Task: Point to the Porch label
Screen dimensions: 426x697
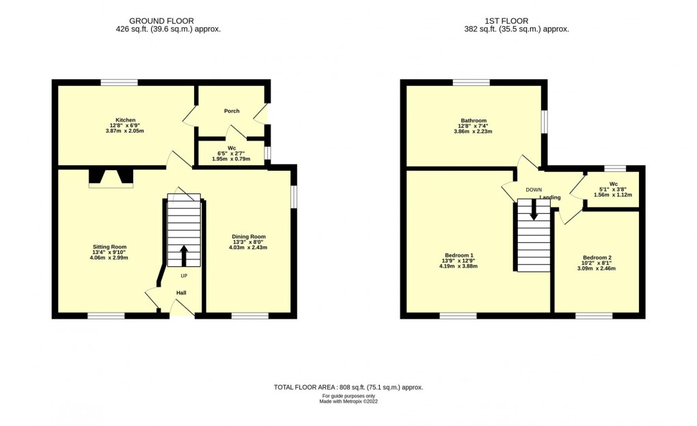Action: [232, 111]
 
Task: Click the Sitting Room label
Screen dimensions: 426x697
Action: [110, 246]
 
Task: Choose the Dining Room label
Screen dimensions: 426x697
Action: [247, 236]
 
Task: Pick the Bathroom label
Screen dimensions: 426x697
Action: [473, 120]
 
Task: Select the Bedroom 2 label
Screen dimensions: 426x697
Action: [597, 257]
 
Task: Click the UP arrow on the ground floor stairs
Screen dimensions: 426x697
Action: [184, 256]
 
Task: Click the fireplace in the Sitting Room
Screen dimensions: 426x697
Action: [111, 178]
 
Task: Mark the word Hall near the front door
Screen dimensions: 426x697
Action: [181, 293]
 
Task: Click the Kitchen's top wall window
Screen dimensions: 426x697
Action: [119, 83]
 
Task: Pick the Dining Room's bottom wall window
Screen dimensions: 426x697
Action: [250, 316]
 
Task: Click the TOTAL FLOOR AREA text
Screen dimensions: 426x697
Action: [348, 387]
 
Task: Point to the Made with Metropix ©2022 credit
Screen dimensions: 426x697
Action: [348, 401]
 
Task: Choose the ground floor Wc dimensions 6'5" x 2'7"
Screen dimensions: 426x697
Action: [232, 154]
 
